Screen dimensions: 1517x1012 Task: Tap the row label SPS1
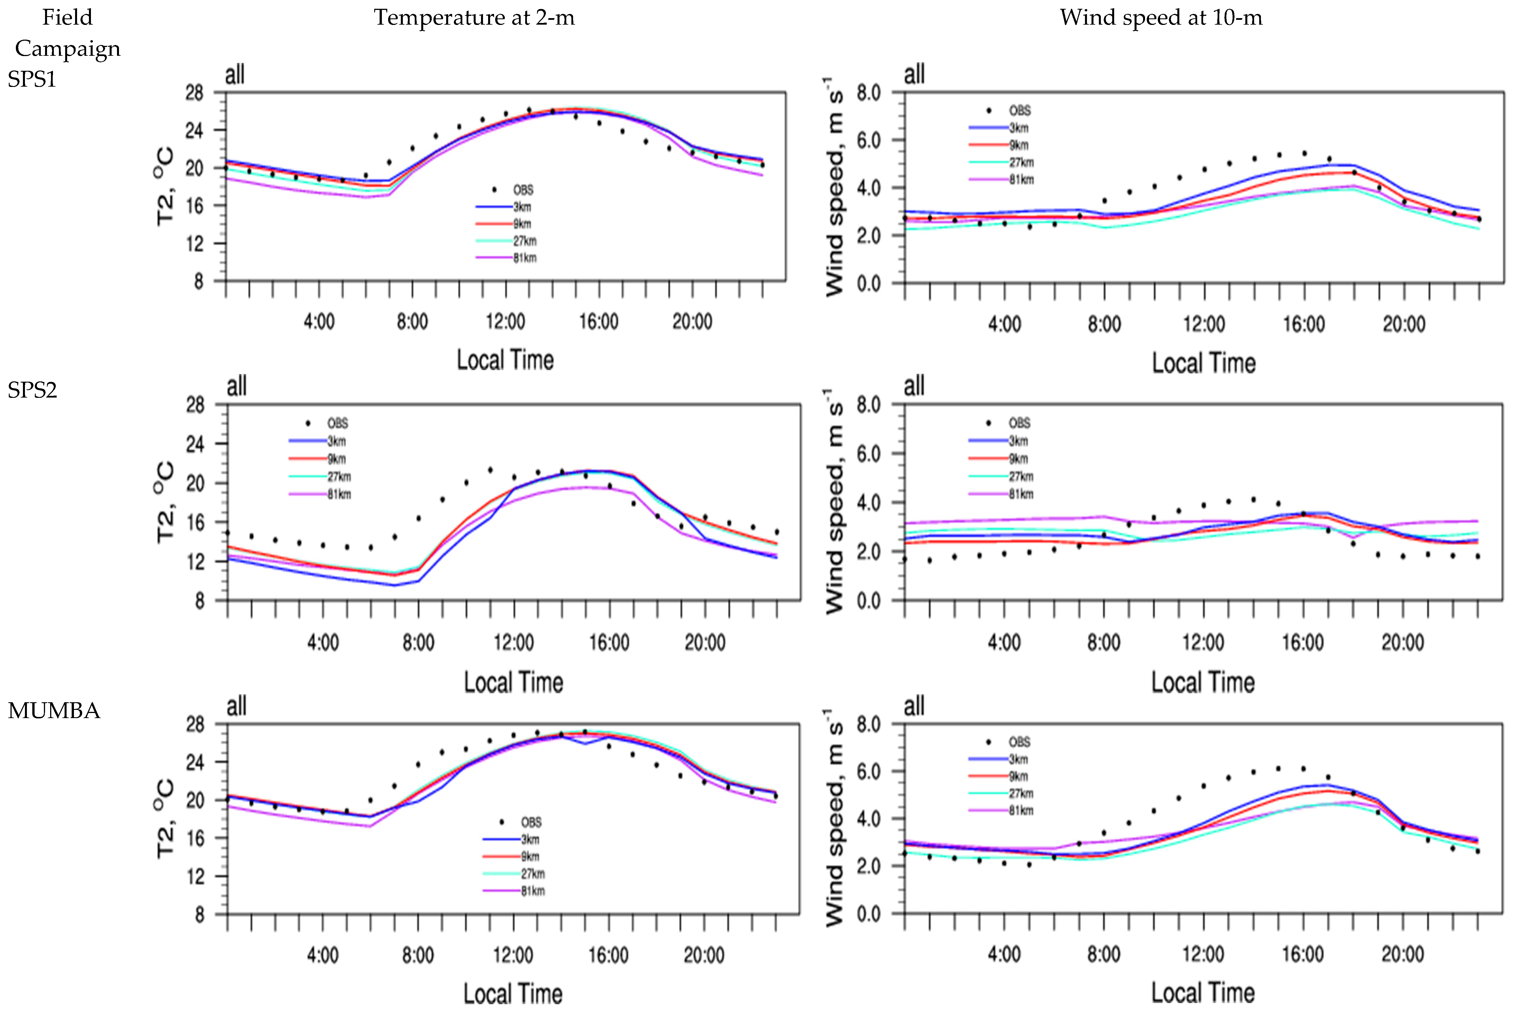click(32, 79)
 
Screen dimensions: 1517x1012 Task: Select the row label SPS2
click(32, 390)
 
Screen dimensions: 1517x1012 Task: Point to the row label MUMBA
click(54, 711)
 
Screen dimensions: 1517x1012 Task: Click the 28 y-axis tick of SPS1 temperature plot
click(194, 93)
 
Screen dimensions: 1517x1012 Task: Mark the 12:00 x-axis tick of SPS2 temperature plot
click(514, 643)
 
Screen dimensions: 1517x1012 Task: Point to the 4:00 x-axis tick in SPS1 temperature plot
click(319, 321)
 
